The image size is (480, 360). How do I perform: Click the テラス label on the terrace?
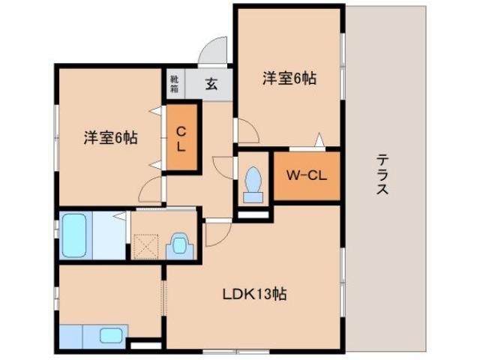(x=382, y=174)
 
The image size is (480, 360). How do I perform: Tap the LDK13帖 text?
(x=253, y=293)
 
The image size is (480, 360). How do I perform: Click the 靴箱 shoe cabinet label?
(x=174, y=82)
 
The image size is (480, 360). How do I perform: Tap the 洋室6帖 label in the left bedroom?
(x=110, y=138)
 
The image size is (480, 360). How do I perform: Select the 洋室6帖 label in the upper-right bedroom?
(x=288, y=77)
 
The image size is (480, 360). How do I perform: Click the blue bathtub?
(x=73, y=235)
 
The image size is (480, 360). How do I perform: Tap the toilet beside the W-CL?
(x=253, y=181)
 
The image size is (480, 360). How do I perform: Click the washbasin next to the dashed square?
(x=180, y=244)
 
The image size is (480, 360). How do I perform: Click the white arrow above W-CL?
(x=319, y=139)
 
